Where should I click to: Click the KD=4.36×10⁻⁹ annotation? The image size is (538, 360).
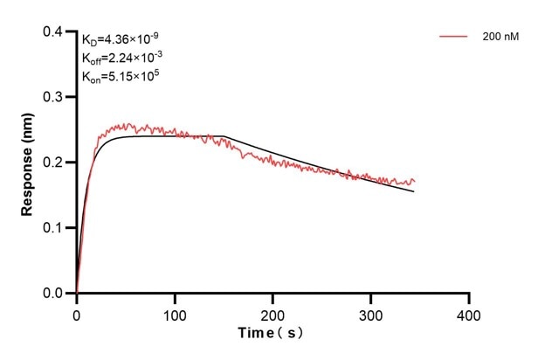(121, 39)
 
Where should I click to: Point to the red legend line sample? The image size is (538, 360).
(454, 37)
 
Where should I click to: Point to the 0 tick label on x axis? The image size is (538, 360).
(77, 313)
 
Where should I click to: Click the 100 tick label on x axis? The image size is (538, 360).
(175, 313)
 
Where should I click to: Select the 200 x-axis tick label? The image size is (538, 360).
(273, 313)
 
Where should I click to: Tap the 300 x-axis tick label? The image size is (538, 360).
(371, 313)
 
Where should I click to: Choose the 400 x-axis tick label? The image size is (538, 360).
(469, 313)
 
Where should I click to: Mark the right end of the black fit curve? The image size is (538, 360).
(414, 191)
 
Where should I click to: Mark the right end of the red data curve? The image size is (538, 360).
(415, 181)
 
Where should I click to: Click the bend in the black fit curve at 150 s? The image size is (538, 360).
(224, 136)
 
